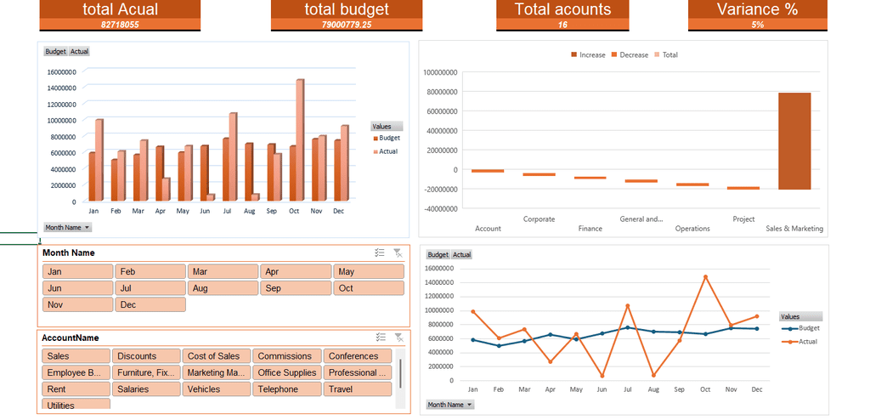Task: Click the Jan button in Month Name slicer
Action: (77, 272)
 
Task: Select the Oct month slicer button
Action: (369, 288)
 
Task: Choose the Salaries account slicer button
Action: (146, 389)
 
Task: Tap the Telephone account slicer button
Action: (287, 389)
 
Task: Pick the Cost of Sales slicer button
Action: (217, 356)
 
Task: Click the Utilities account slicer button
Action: (76, 404)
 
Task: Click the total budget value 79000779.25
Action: (347, 25)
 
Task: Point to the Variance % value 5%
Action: (757, 25)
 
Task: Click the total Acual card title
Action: (120, 9)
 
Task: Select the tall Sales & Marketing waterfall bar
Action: (794, 141)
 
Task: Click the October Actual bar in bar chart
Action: (300, 140)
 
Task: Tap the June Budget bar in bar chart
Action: (204, 173)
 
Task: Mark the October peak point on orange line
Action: (706, 276)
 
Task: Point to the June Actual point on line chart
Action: (602, 376)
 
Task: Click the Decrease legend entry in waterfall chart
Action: (630, 55)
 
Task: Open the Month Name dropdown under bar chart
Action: (68, 227)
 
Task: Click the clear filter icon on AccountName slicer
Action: (398, 338)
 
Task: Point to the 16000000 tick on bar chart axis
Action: (61, 71)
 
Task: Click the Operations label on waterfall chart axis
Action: (692, 229)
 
